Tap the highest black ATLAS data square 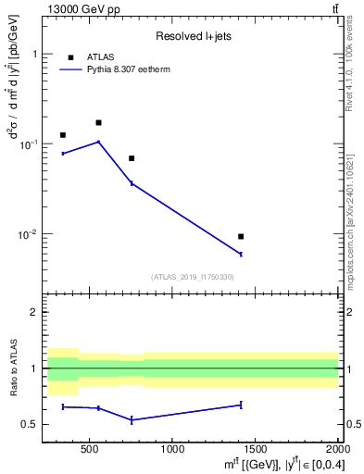[98, 122]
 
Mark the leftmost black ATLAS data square [63, 135]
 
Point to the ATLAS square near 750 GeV [132, 158]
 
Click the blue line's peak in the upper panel [98, 142]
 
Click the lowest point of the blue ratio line [132, 420]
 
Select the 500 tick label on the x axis [90, 450]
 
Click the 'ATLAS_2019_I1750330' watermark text [193, 277]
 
